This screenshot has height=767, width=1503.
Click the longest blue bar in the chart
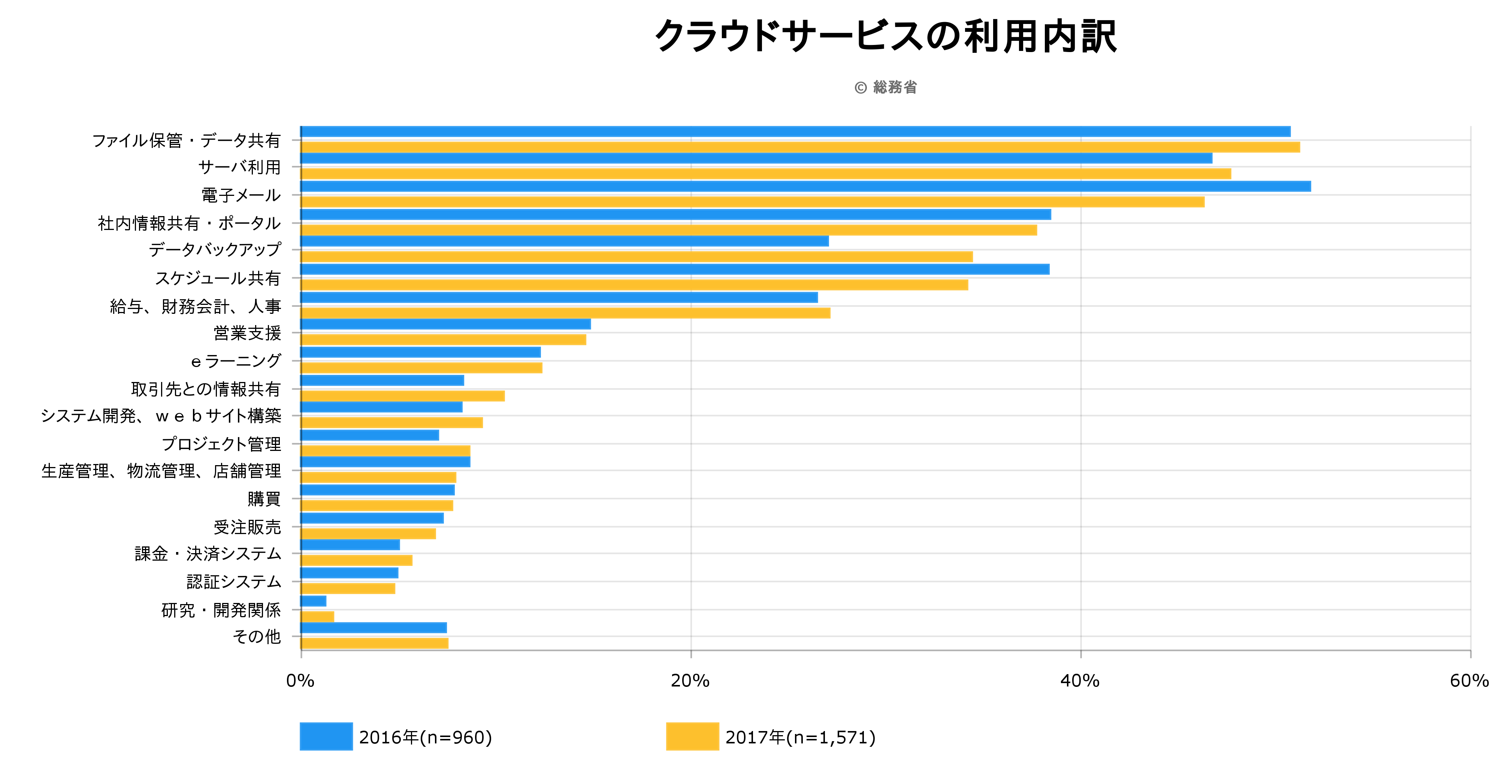pyautogui.click(x=805, y=186)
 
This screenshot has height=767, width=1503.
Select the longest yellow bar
pyautogui.click(x=799, y=147)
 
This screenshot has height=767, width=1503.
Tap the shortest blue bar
pyautogui.click(x=313, y=601)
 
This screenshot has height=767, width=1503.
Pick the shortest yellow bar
pyautogui.click(x=317, y=616)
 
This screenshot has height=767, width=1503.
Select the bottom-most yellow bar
pyautogui.click(x=374, y=643)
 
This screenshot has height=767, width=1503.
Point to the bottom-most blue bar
pyautogui.click(x=374, y=628)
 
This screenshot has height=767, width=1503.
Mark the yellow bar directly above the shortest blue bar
pyautogui.click(x=348, y=588)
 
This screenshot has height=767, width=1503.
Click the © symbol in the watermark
pyautogui.click(x=861, y=88)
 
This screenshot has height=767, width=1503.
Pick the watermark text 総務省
pyautogui.click(x=895, y=88)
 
